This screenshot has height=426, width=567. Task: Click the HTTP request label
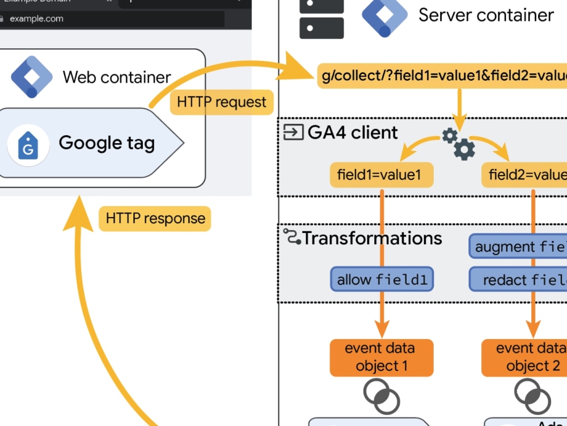coord(222,103)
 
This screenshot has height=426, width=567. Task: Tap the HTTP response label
coord(155,219)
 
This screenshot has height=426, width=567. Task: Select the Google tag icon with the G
coord(28,145)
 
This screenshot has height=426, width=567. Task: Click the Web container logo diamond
coord(32,77)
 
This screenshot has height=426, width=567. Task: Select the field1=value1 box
coord(382,175)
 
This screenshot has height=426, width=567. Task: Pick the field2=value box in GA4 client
coord(524,175)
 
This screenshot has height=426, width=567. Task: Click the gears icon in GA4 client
coord(459,143)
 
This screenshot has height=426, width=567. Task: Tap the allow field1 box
coord(382,279)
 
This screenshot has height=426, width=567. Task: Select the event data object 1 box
coord(382,357)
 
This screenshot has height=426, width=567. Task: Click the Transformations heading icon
coord(291,237)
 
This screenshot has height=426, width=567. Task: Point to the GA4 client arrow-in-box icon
coord(293,133)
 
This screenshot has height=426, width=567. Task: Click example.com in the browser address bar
coord(37,19)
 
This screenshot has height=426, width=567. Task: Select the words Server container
coord(486,15)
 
